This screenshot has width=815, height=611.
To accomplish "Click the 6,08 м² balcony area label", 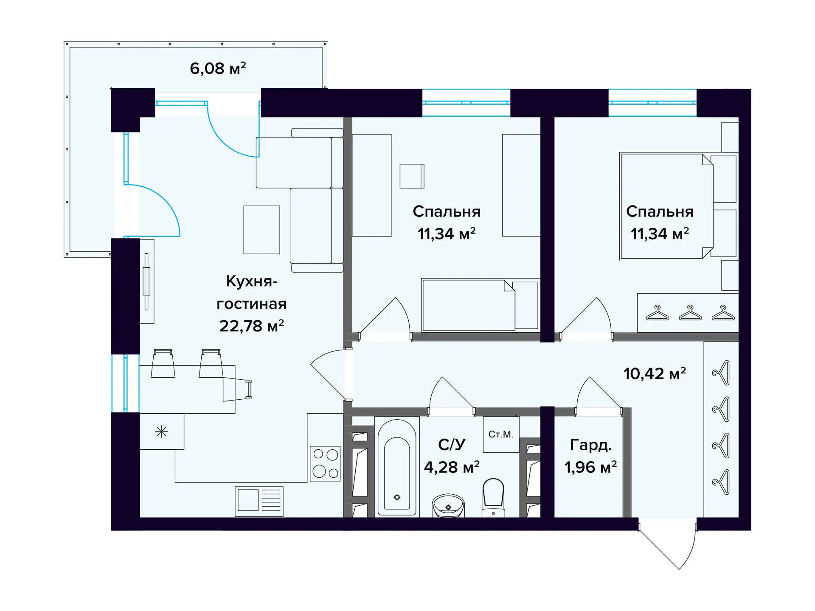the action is (x=218, y=68).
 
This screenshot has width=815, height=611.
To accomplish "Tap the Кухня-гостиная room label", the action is (x=252, y=292).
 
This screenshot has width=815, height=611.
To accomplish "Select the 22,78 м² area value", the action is (x=251, y=326).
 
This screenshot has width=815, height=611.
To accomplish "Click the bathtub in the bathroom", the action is (x=397, y=467).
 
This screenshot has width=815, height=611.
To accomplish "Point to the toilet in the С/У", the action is (x=493, y=497).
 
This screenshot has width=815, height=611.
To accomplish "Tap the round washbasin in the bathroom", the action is (x=448, y=505).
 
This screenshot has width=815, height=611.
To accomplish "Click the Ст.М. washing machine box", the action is (x=501, y=434).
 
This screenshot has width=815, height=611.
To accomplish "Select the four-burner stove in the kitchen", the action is (x=325, y=463).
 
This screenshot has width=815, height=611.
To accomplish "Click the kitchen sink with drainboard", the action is (x=259, y=501).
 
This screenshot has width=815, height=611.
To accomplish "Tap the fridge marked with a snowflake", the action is (x=162, y=432).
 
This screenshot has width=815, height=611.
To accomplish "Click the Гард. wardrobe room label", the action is (x=590, y=445).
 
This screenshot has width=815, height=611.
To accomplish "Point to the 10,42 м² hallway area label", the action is (x=655, y=373).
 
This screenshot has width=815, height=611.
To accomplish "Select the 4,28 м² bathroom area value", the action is (x=452, y=467).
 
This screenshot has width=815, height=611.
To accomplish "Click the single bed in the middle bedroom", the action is (x=480, y=305).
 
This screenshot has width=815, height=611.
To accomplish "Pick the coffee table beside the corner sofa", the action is (x=261, y=230).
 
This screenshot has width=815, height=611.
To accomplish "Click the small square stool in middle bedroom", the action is (x=412, y=176).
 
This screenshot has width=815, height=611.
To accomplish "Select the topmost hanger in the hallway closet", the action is (x=721, y=373).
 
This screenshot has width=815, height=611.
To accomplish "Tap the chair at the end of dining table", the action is (x=238, y=389).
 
